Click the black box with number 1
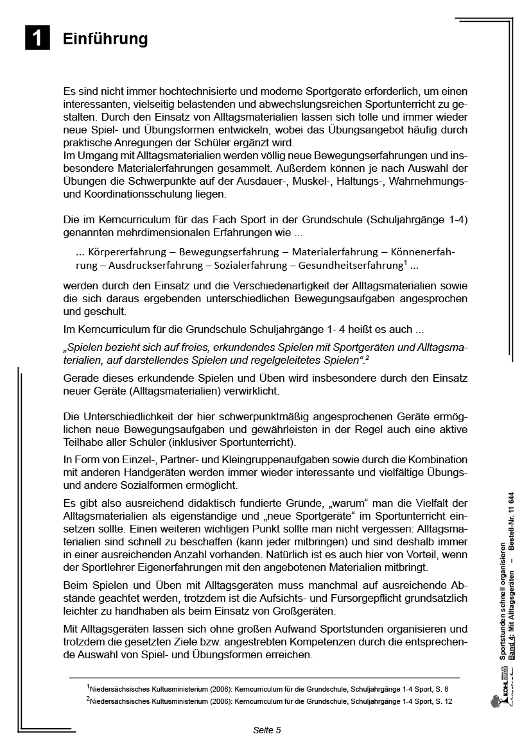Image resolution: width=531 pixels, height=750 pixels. click(x=37, y=38)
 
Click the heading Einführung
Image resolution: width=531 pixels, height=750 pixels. click(x=105, y=39)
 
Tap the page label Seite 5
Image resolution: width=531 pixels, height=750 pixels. click(x=266, y=730)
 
